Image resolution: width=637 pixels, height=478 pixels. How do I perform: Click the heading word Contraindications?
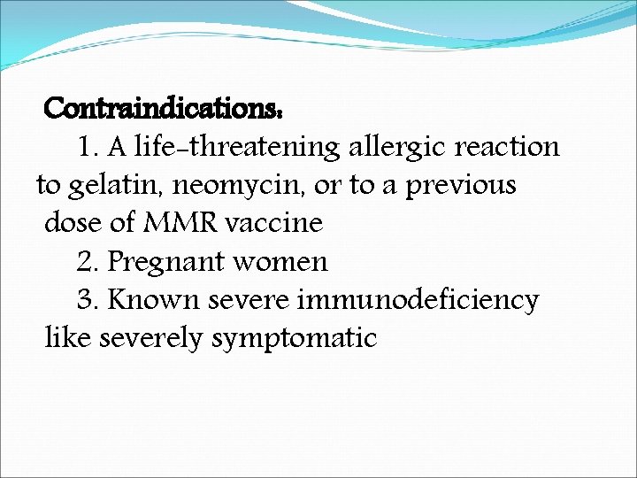point(163,109)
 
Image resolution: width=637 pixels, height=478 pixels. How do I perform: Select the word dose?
point(73,223)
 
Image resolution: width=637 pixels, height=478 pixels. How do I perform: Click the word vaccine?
point(274,223)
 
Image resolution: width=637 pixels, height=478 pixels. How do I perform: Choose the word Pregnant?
point(167,262)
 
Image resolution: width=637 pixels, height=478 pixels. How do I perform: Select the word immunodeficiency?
point(418,300)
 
